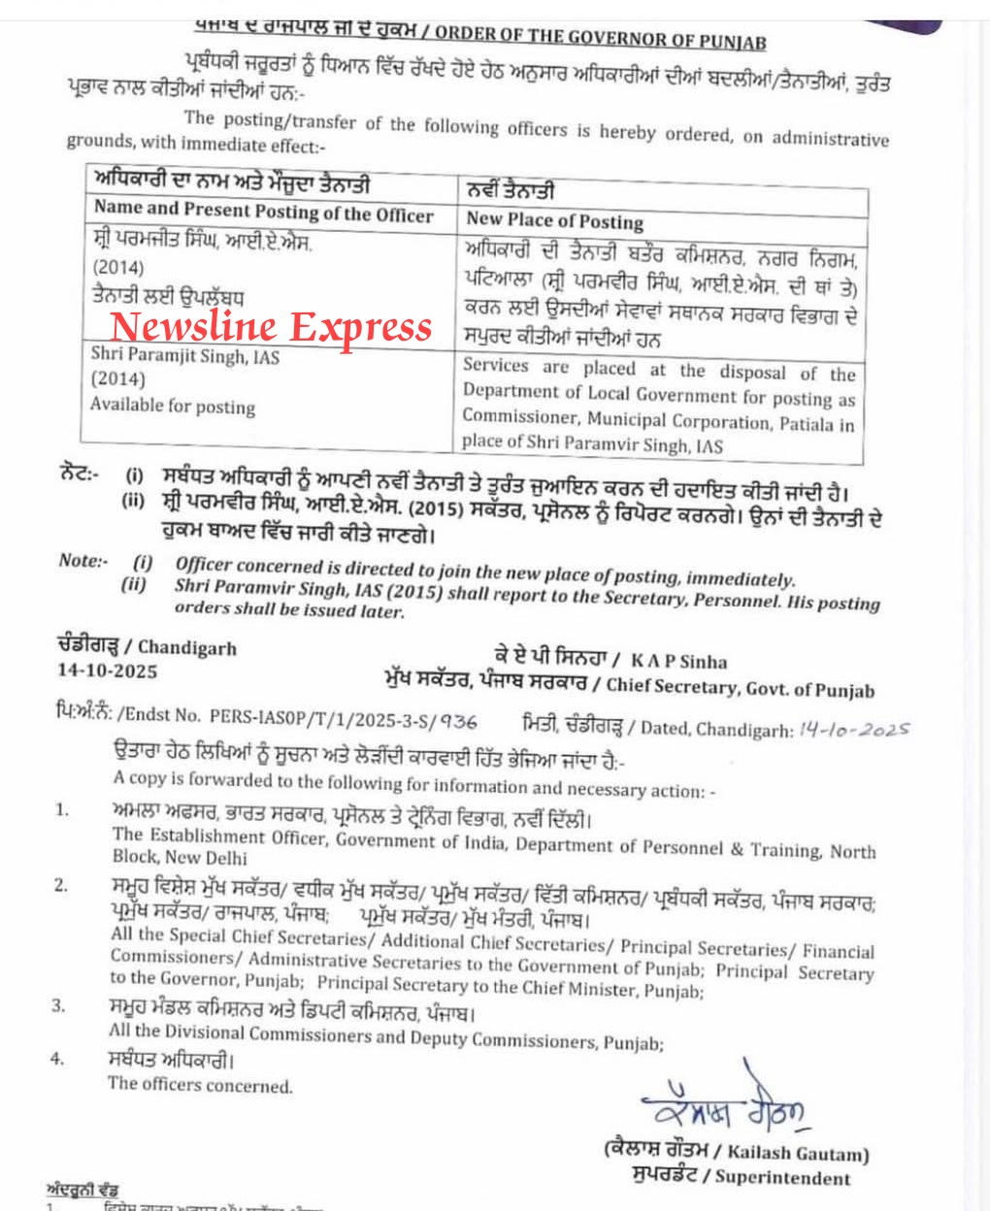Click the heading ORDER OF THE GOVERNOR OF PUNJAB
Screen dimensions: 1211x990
(x=600, y=38)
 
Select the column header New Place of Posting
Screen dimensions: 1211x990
(x=554, y=220)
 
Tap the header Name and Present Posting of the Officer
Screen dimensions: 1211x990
(x=263, y=212)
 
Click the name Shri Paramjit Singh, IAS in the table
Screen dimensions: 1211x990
(x=185, y=356)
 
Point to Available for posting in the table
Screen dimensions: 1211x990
(x=173, y=405)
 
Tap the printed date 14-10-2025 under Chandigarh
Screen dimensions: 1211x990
(x=107, y=671)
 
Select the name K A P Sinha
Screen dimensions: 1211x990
(x=682, y=662)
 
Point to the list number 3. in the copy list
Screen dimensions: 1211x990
(x=58, y=1005)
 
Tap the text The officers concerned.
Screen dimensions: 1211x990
(x=200, y=1085)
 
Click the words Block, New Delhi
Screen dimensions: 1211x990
(x=180, y=858)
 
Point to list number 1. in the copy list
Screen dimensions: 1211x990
(x=61, y=809)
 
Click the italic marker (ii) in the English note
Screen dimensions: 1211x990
(x=134, y=584)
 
